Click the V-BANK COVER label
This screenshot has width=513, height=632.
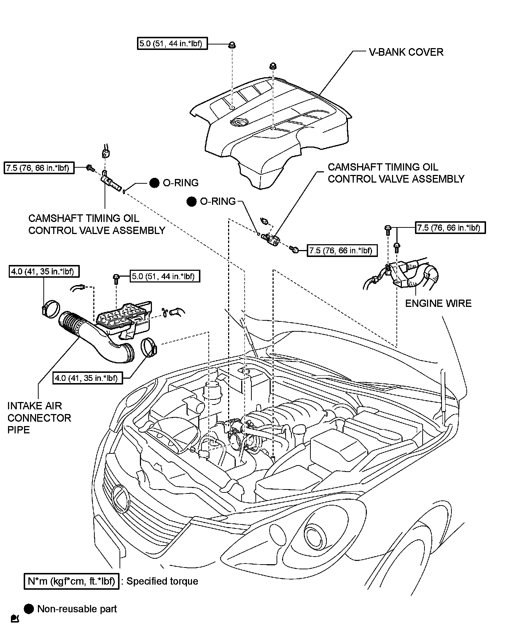[406, 52]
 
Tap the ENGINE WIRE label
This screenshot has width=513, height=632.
[438, 303]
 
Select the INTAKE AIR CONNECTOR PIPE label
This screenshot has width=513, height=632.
[39, 418]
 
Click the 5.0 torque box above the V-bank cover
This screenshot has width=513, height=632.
[172, 44]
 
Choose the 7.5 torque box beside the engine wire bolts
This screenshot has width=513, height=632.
[450, 228]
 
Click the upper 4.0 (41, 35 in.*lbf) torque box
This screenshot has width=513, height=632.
[44, 272]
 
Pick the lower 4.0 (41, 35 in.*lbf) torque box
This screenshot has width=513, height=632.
[88, 378]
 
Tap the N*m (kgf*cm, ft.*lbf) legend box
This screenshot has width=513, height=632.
[71, 581]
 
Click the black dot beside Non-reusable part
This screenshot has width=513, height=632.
[29, 609]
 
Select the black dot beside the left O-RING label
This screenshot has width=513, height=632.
[154, 183]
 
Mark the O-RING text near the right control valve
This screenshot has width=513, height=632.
[218, 201]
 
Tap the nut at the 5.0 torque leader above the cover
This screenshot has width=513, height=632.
[232, 45]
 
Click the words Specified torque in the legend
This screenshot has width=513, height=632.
[162, 581]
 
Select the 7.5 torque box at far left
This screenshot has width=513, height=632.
[39, 168]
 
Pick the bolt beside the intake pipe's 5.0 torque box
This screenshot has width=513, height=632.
[116, 279]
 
